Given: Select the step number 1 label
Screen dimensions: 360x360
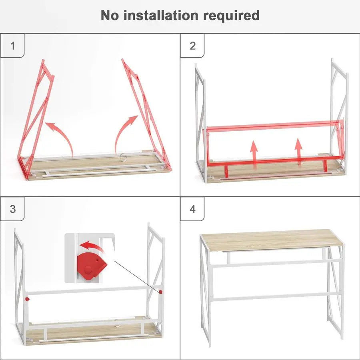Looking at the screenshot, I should click(12, 46).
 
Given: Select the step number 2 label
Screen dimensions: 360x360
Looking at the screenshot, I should click(192, 46).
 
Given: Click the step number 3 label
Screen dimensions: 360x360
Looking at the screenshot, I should click(12, 209).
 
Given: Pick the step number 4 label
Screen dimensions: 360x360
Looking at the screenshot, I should click(192, 209).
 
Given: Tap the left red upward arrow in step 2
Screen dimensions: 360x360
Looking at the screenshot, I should click(254, 152).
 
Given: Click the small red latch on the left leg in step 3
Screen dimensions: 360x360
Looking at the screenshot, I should click(27, 298).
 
